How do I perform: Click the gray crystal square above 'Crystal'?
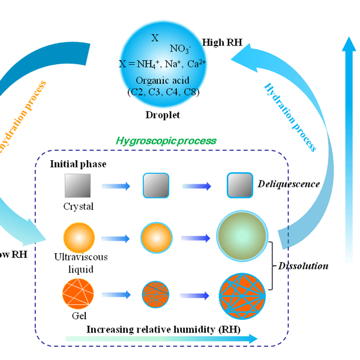[79, 187]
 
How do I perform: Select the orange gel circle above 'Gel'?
[78, 293]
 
